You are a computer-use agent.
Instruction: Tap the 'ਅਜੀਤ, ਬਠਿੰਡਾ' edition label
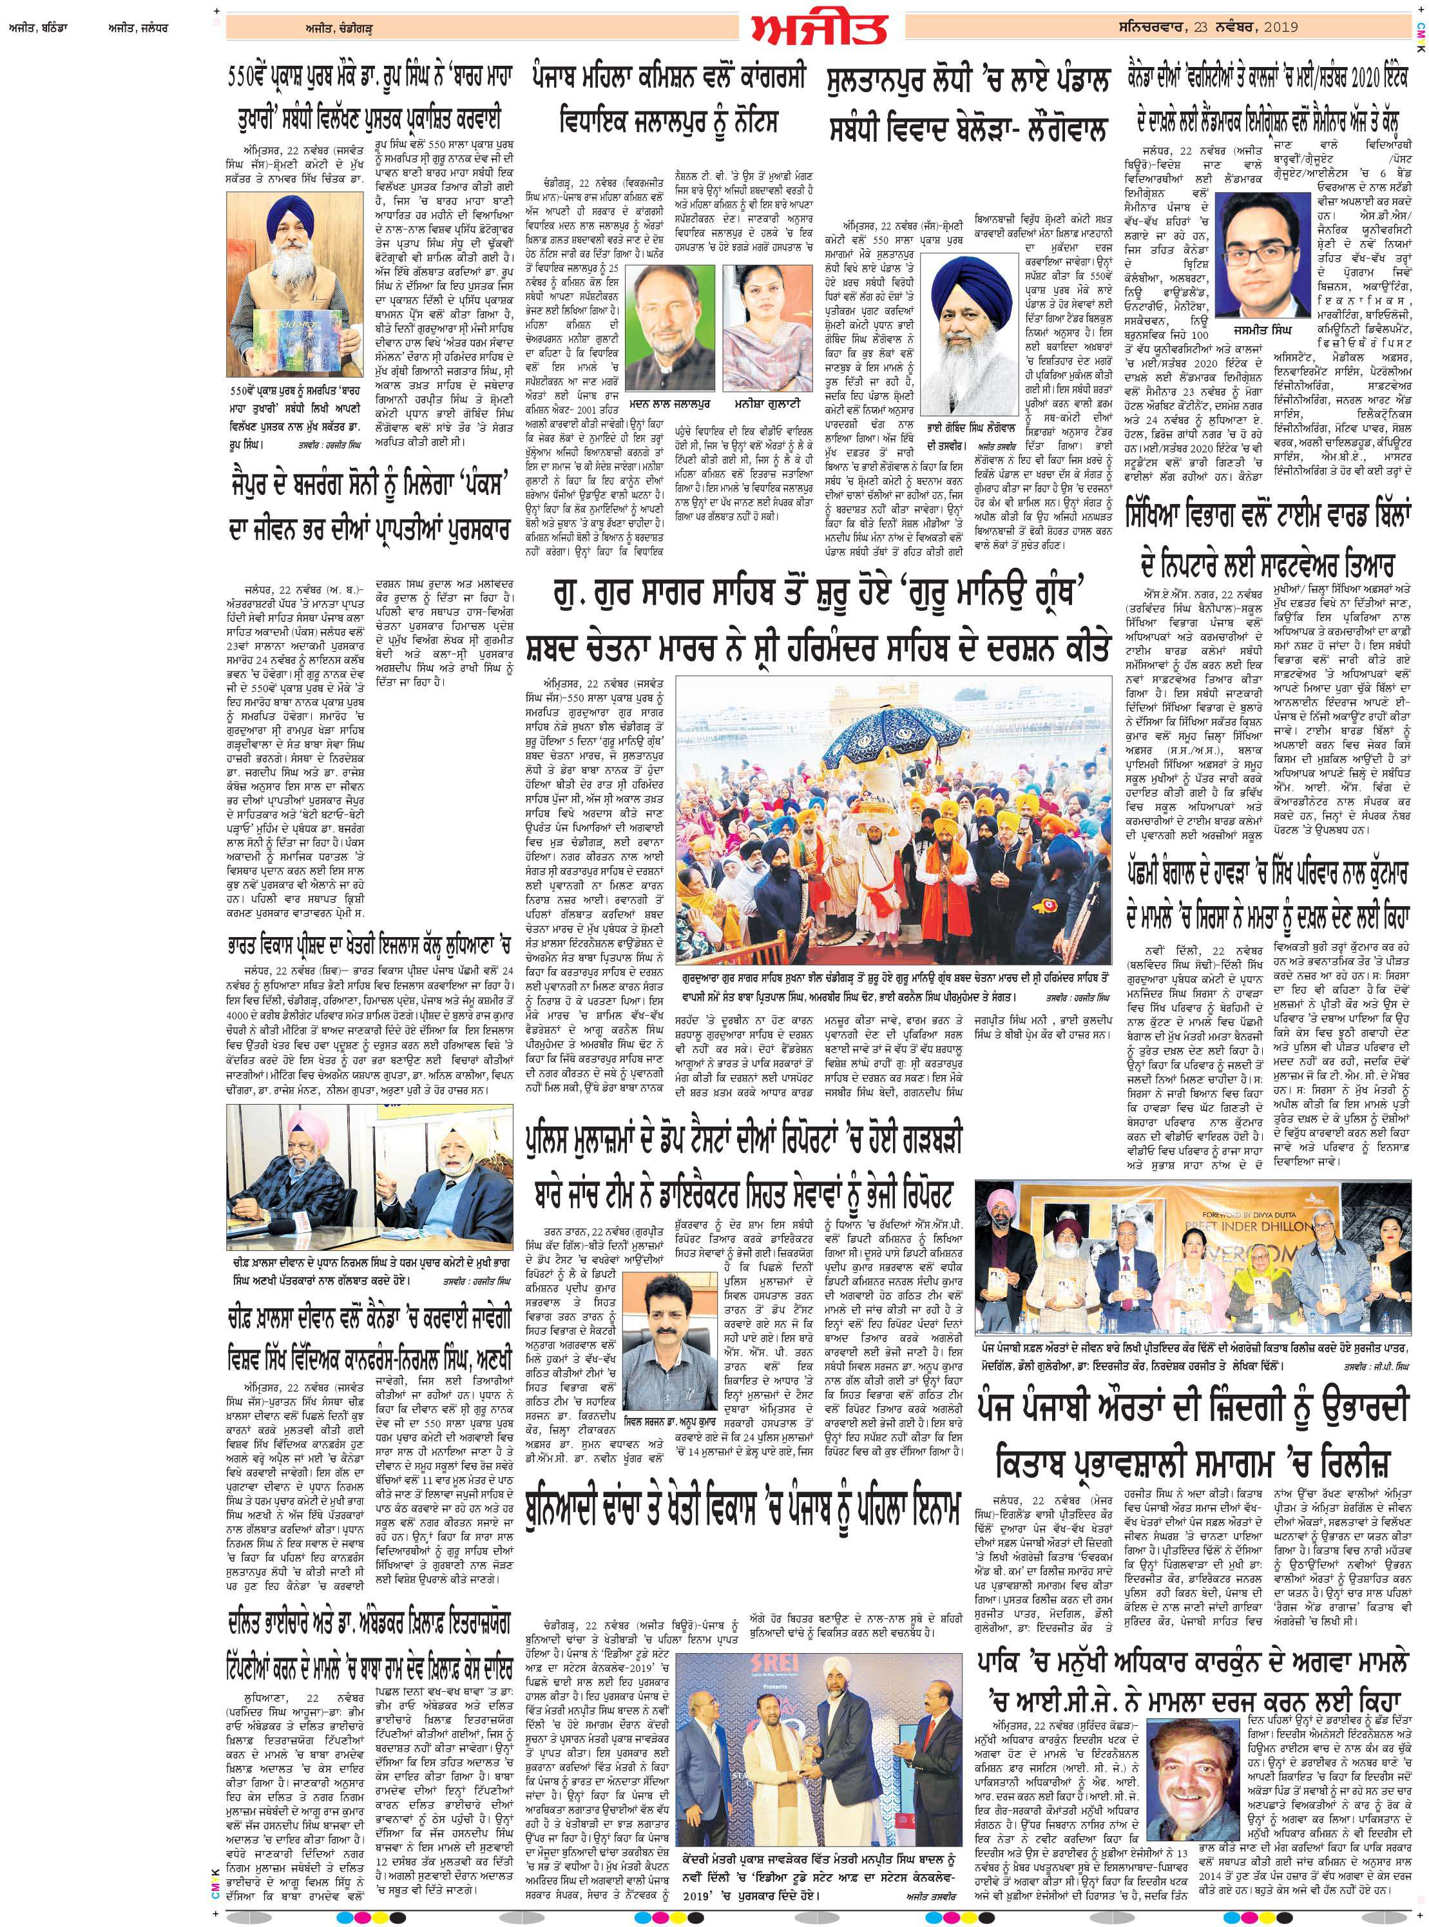[x=32, y=27]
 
